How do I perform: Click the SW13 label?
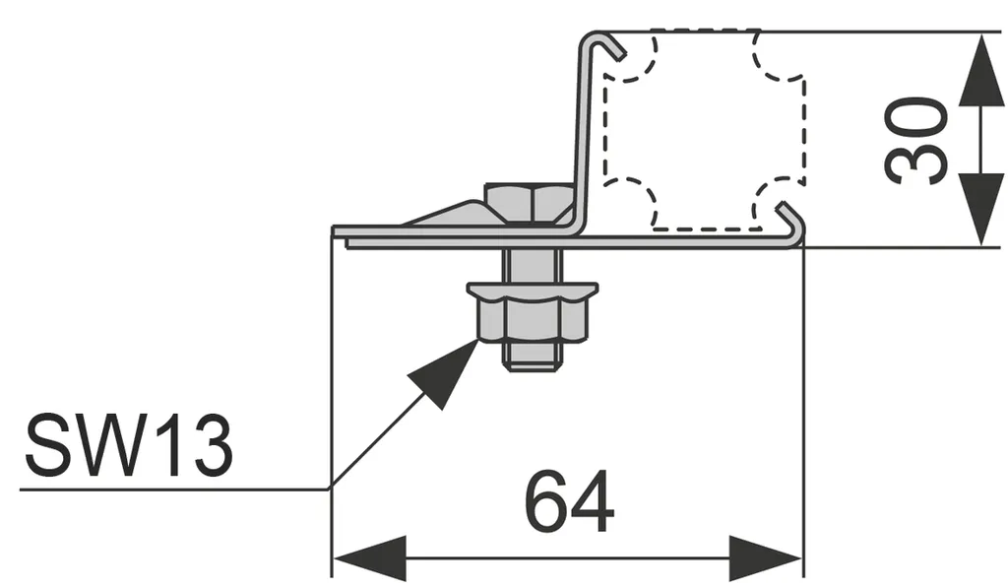[128, 445]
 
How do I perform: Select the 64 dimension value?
[569, 502]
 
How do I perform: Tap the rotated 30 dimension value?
[917, 140]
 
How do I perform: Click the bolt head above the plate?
[530, 203]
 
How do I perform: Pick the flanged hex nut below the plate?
[531, 309]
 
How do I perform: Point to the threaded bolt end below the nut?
[532, 358]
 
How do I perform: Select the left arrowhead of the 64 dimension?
[369, 558]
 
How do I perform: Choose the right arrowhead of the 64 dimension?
[766, 558]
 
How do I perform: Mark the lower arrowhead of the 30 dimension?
[982, 208]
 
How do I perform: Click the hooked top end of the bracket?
[601, 43]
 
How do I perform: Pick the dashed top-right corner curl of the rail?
[778, 59]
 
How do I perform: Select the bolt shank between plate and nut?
[532, 266]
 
